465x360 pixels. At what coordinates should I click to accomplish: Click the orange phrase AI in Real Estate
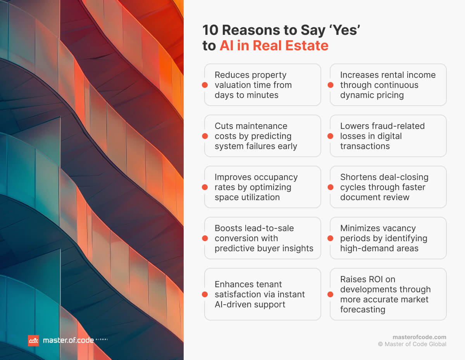tap(274, 46)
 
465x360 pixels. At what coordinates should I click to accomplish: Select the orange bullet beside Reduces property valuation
tap(205, 85)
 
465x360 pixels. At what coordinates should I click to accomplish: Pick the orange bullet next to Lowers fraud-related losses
tap(331, 136)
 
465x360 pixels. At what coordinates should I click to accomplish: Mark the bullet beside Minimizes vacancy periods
tap(331, 238)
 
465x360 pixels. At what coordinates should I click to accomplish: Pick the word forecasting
tap(363, 309)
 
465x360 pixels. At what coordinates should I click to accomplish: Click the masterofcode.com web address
tap(419, 337)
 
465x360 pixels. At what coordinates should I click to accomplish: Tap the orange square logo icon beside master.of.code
tap(33, 341)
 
